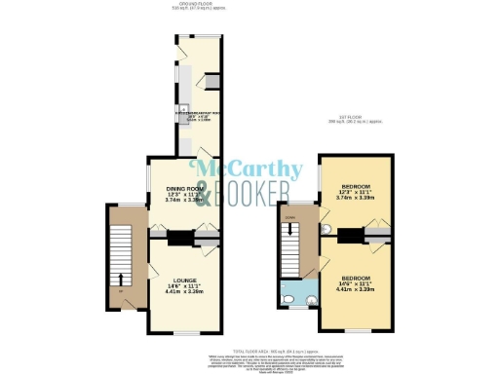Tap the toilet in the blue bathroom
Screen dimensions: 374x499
(288, 298)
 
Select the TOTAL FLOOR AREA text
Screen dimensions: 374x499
(251, 349)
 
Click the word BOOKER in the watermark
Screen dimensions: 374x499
(255, 189)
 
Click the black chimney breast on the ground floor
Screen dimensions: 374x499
(180, 235)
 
